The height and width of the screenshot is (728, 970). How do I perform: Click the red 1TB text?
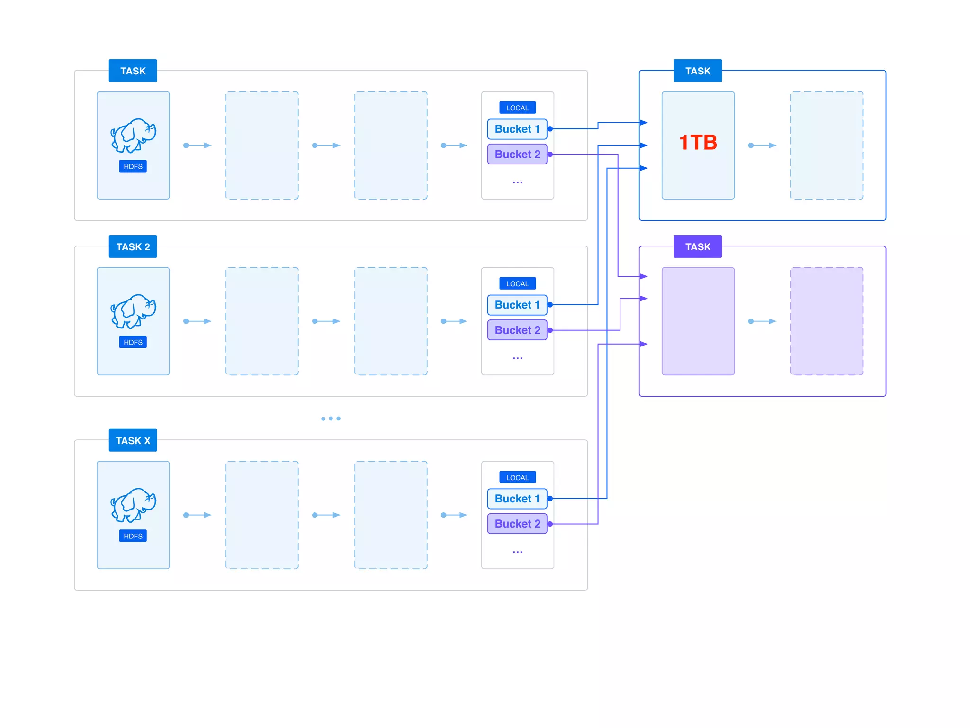point(698,143)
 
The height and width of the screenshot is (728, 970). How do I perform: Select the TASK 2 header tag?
point(133,246)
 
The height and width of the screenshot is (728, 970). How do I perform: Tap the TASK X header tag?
point(133,440)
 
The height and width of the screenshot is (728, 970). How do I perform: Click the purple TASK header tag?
point(697,246)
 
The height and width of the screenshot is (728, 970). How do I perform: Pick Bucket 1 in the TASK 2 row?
point(517,305)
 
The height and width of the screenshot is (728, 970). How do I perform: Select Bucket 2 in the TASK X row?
point(517,524)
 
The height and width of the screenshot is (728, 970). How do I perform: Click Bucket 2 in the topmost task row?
point(517,154)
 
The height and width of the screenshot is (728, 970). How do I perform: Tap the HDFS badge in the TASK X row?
point(133,536)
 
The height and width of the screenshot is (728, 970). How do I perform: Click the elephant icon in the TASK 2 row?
point(133,311)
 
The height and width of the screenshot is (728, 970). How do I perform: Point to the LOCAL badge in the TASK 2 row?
point(517,283)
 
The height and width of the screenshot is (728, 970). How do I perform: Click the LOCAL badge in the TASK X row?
point(517,477)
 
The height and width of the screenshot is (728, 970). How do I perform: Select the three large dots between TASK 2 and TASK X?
point(331,419)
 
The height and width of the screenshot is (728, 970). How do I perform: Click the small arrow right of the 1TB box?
point(762,146)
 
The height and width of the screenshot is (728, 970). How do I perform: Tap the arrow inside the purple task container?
point(762,321)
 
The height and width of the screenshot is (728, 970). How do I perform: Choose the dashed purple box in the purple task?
point(826,321)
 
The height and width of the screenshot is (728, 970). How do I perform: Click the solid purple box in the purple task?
point(698,321)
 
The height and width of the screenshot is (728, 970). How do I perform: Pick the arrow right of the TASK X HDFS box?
point(197,515)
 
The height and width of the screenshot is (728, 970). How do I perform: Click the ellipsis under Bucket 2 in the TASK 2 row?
point(517,358)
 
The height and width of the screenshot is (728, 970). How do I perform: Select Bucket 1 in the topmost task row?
point(517,129)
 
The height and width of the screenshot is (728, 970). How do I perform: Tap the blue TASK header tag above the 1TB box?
point(697,71)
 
